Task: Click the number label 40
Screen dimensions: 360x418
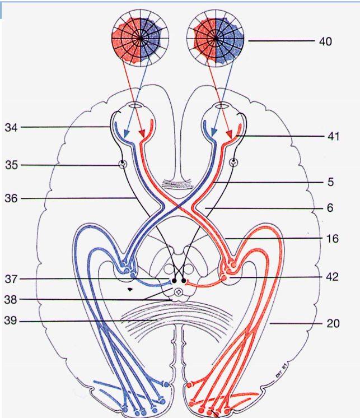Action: coord(325,41)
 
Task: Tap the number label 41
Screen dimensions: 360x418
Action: coord(334,136)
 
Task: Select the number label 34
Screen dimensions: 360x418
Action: coord(12,128)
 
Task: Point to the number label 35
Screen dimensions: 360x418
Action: coord(12,165)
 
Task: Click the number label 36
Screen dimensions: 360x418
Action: coord(12,198)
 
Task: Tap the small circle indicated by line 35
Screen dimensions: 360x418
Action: coord(123,165)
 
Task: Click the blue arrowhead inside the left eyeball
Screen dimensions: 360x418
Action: coord(126,134)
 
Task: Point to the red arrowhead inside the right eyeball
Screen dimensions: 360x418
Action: coord(230,134)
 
